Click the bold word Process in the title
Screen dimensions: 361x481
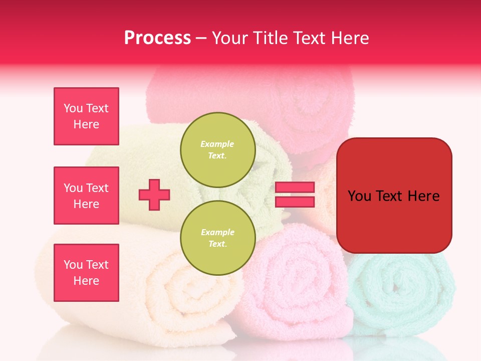(x=157, y=38)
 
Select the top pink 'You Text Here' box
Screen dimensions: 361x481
(x=86, y=116)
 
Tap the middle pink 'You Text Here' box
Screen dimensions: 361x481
(x=86, y=196)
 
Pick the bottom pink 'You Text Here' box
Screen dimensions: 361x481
(x=86, y=273)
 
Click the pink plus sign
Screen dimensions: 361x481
(x=154, y=195)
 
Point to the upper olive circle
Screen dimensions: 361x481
(x=218, y=150)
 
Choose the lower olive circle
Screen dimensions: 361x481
(x=218, y=238)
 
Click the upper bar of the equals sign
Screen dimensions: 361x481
(x=295, y=188)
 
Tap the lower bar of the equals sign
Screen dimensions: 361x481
(x=295, y=202)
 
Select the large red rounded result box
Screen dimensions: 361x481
(x=394, y=196)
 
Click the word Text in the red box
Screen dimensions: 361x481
(x=394, y=196)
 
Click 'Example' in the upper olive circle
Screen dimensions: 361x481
(x=217, y=144)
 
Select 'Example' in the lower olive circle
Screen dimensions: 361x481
(x=217, y=232)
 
